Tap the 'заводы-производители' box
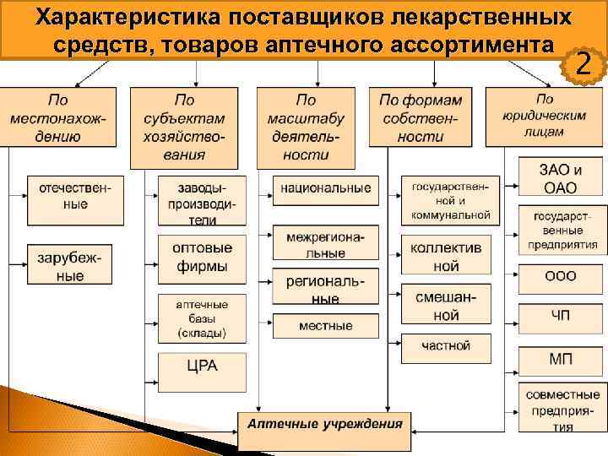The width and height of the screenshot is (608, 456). (201, 200)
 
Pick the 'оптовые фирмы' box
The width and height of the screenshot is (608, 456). (201, 257)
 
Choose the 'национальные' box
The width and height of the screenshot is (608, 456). (326, 187)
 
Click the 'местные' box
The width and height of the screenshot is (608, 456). (326, 325)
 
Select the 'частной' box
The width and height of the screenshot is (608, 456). (445, 345)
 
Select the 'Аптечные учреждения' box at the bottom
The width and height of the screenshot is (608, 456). (324, 422)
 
